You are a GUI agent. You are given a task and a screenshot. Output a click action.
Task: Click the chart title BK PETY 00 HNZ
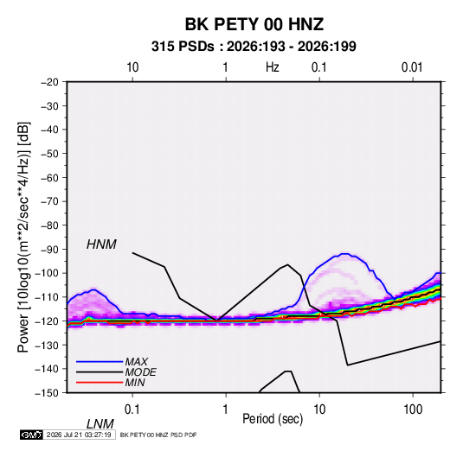point(254,24)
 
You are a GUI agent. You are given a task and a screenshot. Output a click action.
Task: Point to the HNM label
point(101,244)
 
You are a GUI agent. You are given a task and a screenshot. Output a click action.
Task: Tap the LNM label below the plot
point(100,424)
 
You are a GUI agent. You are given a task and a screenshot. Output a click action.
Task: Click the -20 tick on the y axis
point(49,82)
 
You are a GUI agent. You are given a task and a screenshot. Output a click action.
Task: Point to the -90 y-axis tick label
point(49,250)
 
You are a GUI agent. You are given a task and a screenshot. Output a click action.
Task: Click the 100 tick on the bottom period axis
point(413,409)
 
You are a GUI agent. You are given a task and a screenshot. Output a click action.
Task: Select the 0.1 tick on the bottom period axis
point(132,409)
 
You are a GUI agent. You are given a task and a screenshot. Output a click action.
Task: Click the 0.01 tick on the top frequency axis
point(412,67)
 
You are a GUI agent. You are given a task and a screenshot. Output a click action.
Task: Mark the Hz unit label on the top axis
point(273,67)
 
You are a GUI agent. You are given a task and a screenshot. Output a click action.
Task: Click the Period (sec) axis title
point(273,419)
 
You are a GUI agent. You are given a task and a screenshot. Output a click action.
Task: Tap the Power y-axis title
point(23,237)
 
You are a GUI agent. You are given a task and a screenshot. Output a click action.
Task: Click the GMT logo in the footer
point(31,435)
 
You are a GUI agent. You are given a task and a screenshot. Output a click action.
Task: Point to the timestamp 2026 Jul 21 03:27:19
point(79,435)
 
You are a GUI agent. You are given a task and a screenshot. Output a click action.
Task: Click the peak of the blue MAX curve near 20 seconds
point(345,254)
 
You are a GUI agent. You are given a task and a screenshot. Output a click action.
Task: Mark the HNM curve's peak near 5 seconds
point(287,264)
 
